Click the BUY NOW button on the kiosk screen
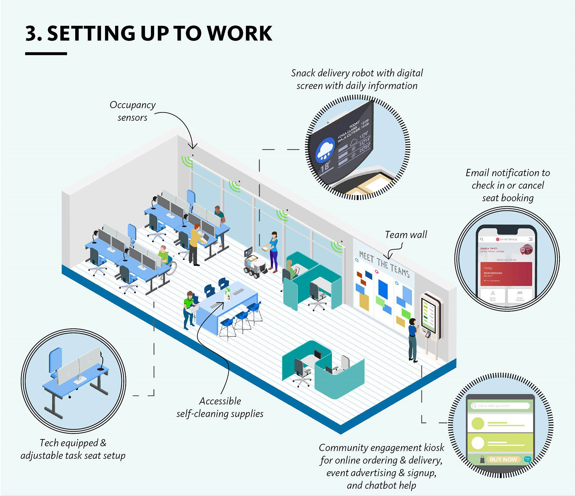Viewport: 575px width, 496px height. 503,459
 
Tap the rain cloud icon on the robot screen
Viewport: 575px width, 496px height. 325,150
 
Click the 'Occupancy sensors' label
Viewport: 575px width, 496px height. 133,111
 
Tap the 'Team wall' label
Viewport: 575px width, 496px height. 406,235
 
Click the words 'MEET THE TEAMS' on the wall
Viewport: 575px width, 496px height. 384,263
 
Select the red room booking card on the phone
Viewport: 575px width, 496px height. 506,273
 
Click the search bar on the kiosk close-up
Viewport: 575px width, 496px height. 500,406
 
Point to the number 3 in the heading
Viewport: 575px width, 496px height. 31,33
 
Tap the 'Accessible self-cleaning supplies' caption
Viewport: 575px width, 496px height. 220,407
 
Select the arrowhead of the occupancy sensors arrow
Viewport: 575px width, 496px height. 193,147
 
